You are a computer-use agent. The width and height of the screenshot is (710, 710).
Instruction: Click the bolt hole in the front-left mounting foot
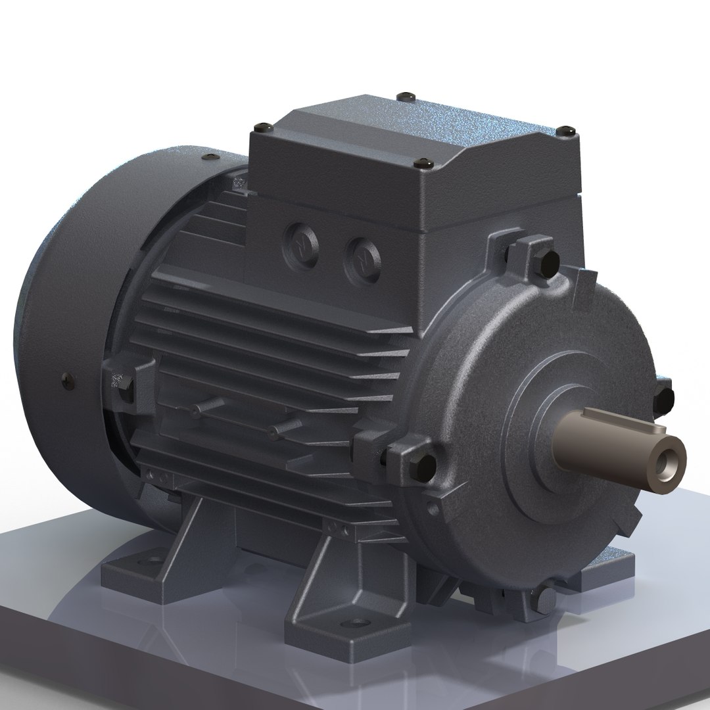click(x=358, y=621)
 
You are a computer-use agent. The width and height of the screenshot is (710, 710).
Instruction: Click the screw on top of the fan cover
click(x=210, y=157)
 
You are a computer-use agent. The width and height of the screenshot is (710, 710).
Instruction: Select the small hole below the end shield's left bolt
click(x=432, y=509)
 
